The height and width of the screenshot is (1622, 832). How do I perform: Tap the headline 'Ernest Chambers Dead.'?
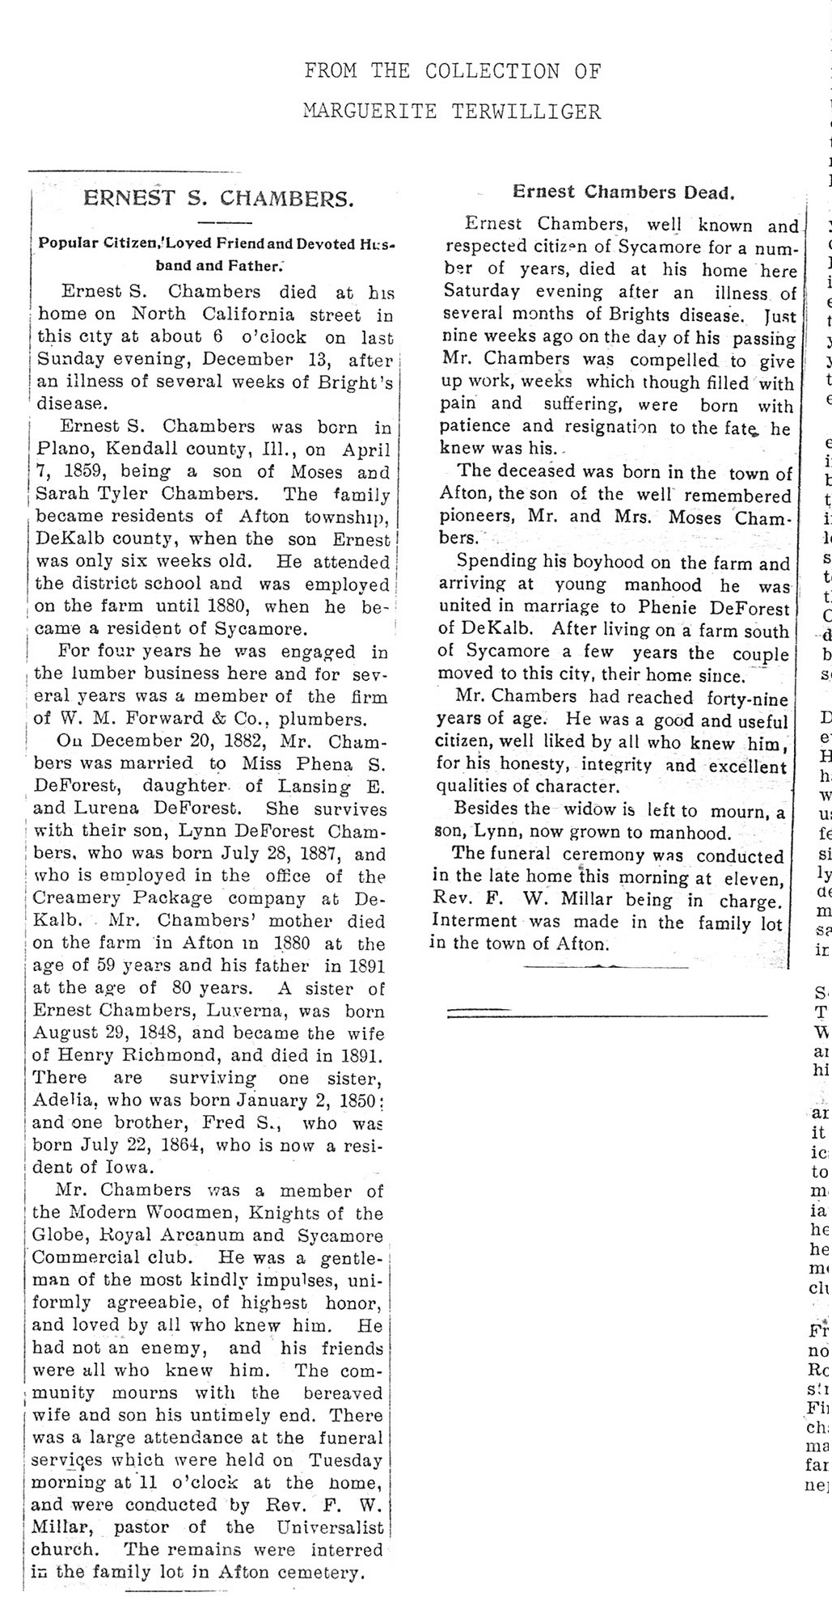pos(623,192)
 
